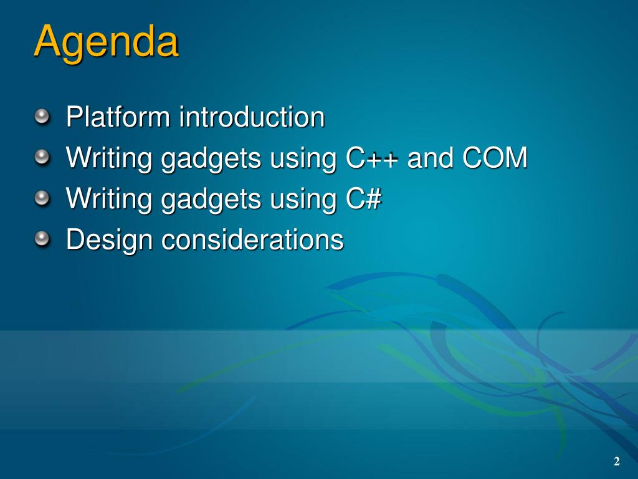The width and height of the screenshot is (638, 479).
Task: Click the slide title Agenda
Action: (x=106, y=42)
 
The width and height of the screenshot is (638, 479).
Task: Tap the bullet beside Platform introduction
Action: (x=42, y=117)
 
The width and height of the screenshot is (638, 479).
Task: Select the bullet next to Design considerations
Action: (x=42, y=239)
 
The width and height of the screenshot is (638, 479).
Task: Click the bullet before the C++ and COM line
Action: (x=42, y=158)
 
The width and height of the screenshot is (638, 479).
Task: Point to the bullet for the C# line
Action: (x=42, y=198)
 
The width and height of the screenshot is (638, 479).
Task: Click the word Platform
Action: (x=118, y=117)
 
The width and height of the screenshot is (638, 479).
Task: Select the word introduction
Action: (x=252, y=117)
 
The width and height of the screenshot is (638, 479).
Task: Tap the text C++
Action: (x=371, y=158)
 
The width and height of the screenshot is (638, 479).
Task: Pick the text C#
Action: (x=364, y=198)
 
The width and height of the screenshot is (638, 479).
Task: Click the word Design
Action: (x=110, y=240)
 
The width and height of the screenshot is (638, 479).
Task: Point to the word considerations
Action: (x=253, y=239)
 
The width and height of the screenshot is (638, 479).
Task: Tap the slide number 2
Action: (x=617, y=461)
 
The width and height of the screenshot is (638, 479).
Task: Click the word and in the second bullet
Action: (x=430, y=158)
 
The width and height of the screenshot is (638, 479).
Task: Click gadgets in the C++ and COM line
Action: (x=211, y=160)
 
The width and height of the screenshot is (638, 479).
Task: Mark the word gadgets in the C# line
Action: (x=211, y=200)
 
